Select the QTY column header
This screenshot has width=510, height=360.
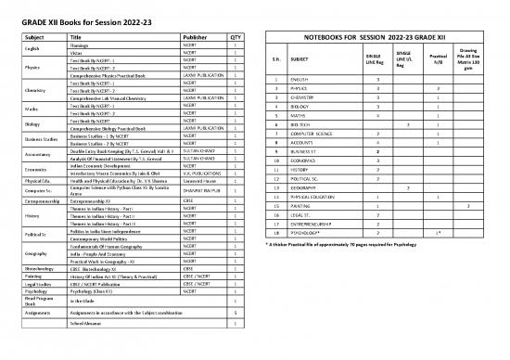(x=235, y=36)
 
